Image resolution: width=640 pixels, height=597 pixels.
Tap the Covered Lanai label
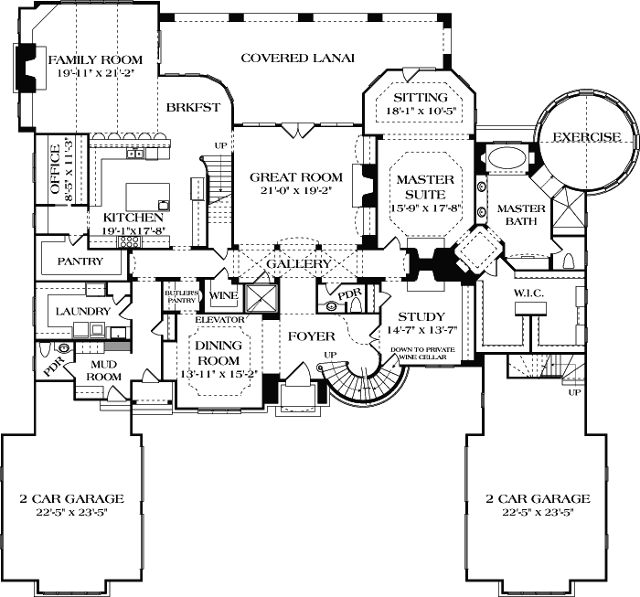point(284,59)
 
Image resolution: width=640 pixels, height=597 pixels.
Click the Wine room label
point(224,296)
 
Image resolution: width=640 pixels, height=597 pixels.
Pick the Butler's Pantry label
point(180,296)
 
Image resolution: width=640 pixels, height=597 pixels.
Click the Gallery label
point(298,264)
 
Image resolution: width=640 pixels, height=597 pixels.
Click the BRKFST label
point(194,108)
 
